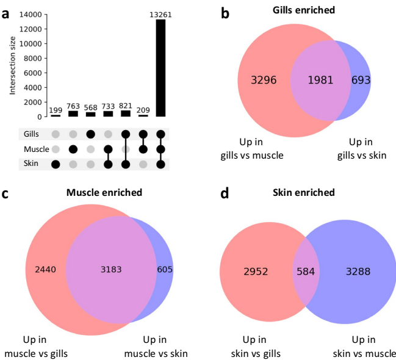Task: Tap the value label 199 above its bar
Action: pyautogui.click(x=56, y=110)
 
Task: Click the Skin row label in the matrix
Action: pyautogui.click(x=31, y=164)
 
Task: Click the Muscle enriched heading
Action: pyautogui.click(x=104, y=192)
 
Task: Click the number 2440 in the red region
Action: pyautogui.click(x=38, y=268)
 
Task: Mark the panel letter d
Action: pyautogui.click(x=225, y=193)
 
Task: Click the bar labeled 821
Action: pyautogui.click(x=126, y=113)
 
